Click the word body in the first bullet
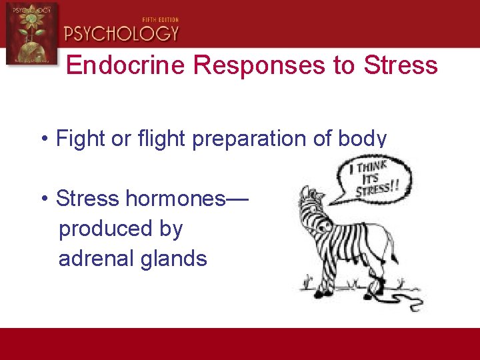pos(364,139)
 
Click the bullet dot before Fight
pos(43,140)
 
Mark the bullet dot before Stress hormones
pos(43,199)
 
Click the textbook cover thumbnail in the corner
pos(31,33)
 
